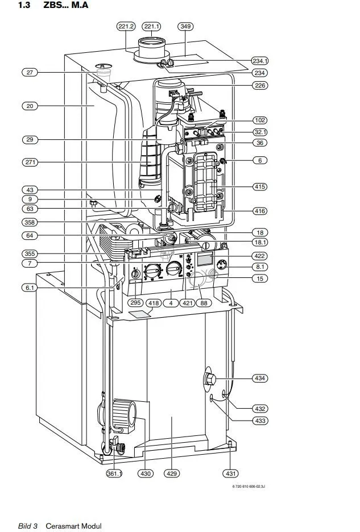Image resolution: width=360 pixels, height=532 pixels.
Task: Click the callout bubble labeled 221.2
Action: [126, 26]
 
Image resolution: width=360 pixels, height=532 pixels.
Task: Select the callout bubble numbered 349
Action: [185, 26]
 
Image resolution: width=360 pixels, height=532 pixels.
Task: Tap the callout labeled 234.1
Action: [260, 61]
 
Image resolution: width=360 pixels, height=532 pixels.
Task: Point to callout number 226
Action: [260, 85]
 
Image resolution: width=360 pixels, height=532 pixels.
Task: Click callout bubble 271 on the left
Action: [30, 162]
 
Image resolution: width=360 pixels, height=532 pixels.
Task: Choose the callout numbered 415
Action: [260, 186]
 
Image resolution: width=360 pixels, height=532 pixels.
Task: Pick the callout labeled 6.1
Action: [30, 288]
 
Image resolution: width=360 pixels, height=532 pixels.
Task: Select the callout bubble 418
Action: [154, 303]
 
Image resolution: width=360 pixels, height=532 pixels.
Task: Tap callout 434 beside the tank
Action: [260, 378]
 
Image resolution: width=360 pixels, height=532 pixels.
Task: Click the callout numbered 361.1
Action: [114, 473]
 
